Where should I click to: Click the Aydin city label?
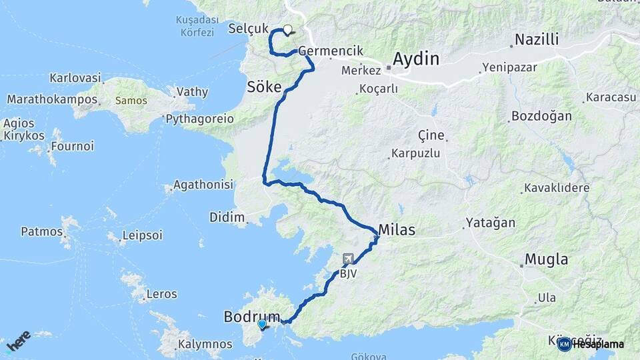click(416, 59)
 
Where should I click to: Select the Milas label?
click(397, 230)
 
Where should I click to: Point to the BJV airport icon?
click(348, 259)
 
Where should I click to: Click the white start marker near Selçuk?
click(288, 29)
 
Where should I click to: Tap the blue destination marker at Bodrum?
click(262, 325)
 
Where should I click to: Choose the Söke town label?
click(265, 86)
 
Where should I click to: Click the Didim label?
click(227, 217)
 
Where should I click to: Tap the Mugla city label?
click(547, 259)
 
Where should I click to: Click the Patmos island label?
click(41, 232)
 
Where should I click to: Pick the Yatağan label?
click(489, 222)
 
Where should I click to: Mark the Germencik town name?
click(331, 51)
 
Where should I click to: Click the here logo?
click(19, 341)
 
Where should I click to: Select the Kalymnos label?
click(205, 345)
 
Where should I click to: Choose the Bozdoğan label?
click(541, 116)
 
